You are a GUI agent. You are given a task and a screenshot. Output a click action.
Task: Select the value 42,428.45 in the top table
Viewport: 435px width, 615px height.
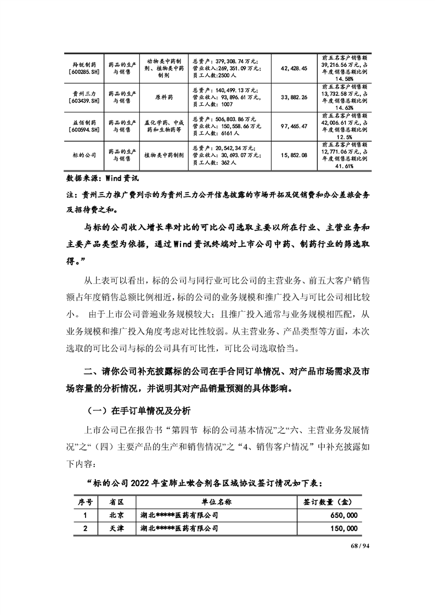293,68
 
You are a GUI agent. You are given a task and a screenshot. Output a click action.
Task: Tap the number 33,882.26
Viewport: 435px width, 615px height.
293,97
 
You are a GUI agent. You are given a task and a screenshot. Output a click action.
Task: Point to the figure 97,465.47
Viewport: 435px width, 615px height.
293,126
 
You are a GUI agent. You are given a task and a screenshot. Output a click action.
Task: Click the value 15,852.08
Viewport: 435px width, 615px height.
293,155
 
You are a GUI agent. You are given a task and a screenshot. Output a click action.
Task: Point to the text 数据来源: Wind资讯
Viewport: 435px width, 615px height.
99,178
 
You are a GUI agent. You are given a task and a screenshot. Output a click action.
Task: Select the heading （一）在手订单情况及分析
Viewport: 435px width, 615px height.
139,409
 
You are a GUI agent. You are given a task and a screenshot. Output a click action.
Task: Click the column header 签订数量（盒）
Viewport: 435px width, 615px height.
327,502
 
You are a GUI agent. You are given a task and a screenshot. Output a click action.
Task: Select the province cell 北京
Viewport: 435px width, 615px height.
116,515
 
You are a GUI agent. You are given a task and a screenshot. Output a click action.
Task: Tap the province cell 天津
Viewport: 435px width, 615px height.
116,528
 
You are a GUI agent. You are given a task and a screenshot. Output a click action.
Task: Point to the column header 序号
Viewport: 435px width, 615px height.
84,502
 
